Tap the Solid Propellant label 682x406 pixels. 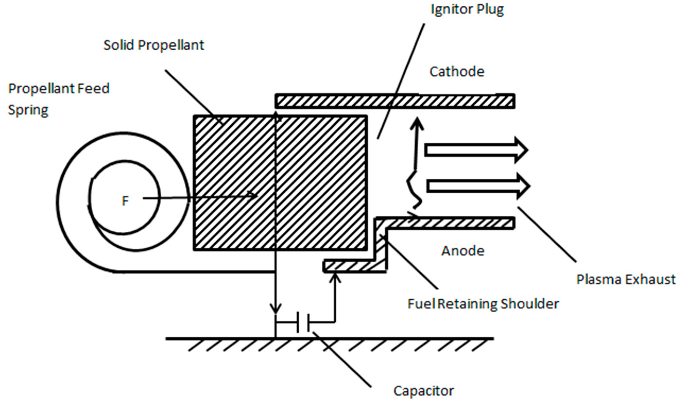154,45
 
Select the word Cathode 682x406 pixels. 457,72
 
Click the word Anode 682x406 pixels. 463,251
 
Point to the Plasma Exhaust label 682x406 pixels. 626,280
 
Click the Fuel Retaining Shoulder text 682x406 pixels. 483,304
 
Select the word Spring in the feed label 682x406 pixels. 28,110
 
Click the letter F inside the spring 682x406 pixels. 125,201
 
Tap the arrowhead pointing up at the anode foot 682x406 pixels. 335,279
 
